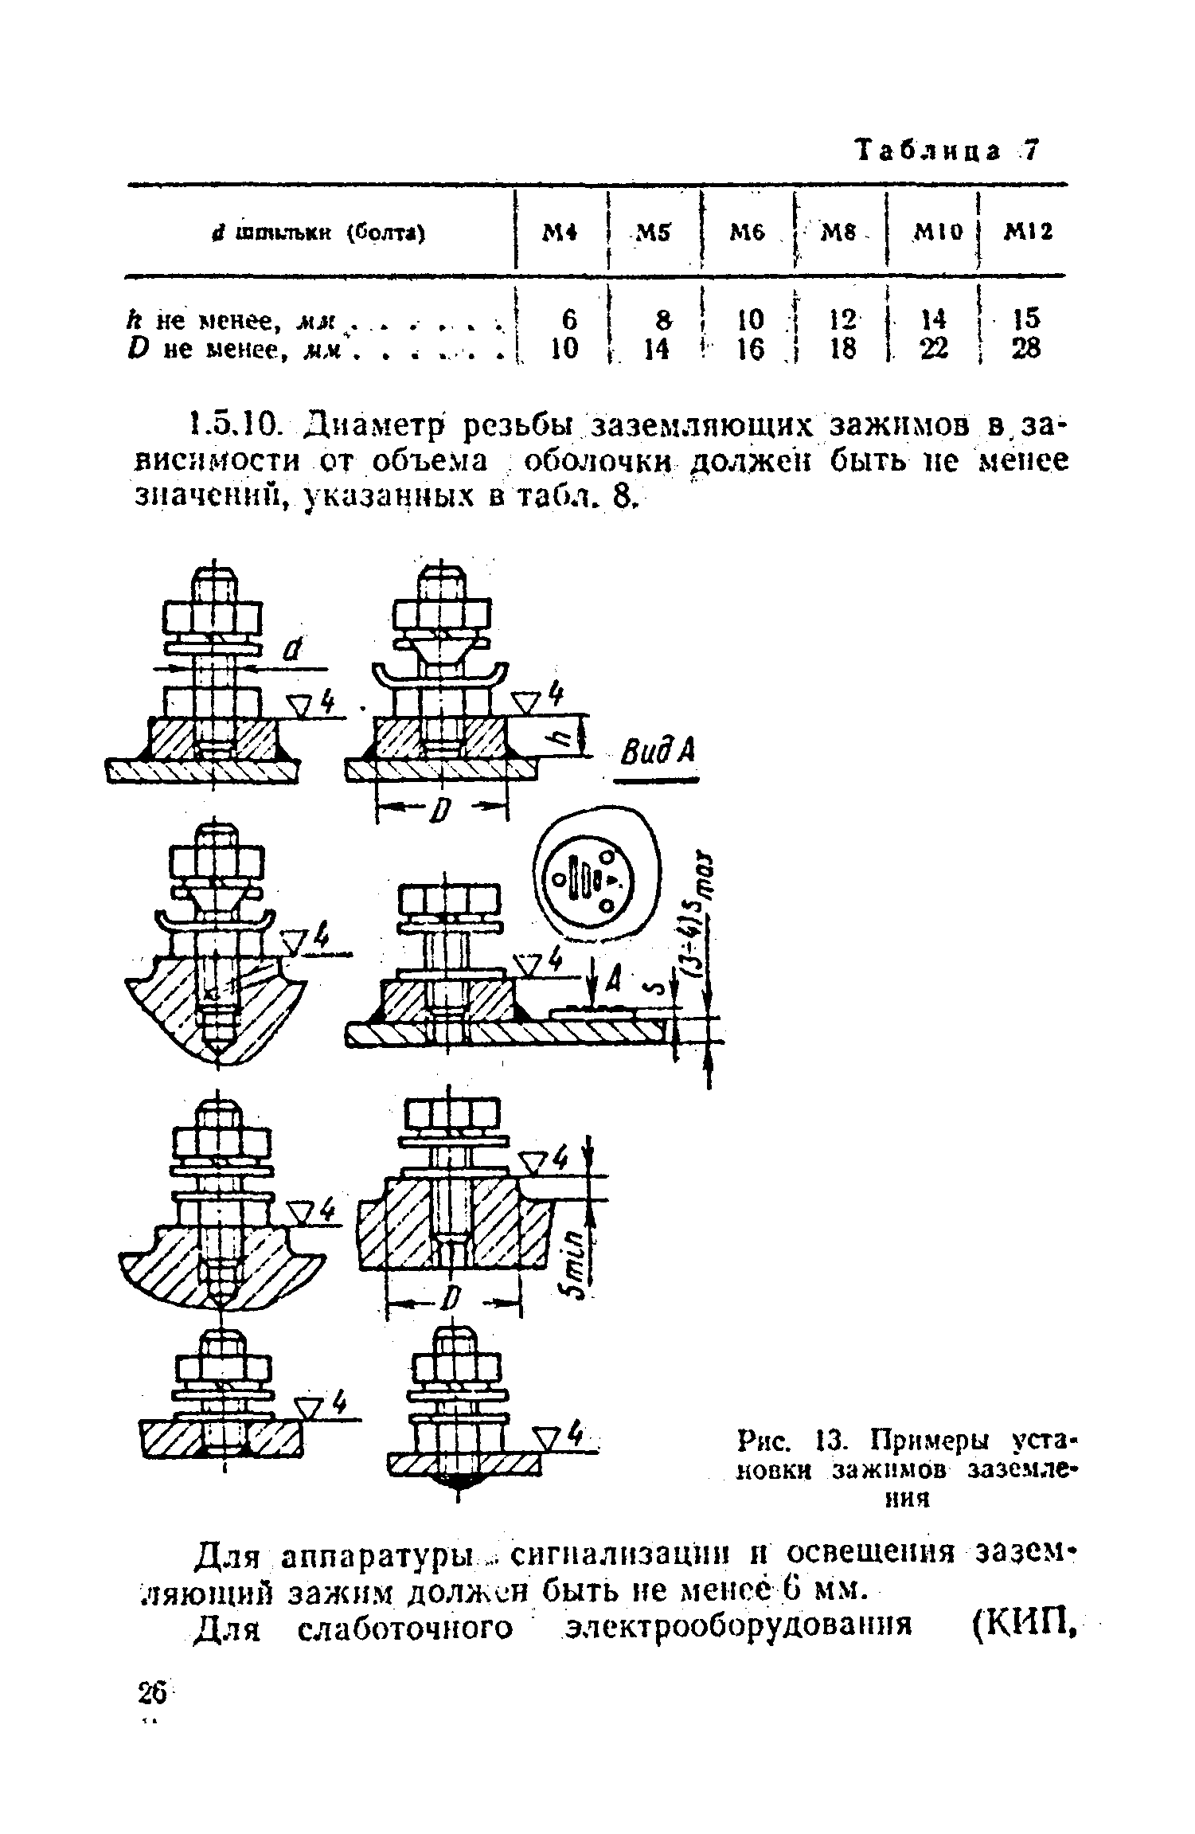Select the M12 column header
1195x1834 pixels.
(1027, 233)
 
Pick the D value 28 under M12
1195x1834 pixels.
(1025, 348)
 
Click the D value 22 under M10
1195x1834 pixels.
(934, 348)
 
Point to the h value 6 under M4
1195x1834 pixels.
(568, 320)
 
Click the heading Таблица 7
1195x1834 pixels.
(947, 150)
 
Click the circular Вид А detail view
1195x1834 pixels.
(596, 878)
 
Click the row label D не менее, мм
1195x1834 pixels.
(251, 349)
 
